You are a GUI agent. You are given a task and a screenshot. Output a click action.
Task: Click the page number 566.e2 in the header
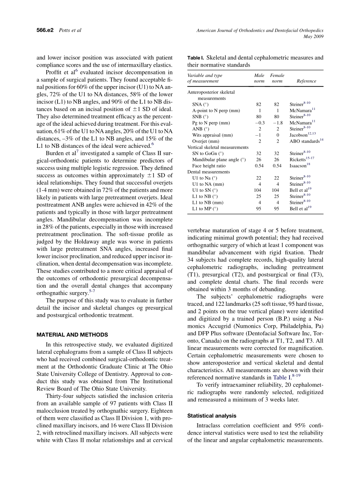coord(45,30)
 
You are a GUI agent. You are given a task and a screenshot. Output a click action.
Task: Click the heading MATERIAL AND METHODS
coord(72,335)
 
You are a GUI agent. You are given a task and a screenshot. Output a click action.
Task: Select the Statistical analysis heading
coord(212,416)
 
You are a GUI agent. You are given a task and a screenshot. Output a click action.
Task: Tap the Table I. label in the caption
coord(196,58)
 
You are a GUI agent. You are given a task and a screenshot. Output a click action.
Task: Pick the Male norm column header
coord(259,78)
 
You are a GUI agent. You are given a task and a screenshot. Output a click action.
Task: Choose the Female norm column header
coord(277,78)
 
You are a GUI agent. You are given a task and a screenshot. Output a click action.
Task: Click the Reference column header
coord(306,81)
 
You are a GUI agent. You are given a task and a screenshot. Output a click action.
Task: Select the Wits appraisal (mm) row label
coord(212,135)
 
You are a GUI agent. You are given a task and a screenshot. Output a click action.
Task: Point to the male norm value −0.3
coord(260,123)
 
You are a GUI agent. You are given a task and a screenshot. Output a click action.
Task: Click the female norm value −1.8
coord(277,123)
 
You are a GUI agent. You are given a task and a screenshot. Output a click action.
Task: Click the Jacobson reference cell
coord(302,135)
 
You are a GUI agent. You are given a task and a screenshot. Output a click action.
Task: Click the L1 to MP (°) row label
coord(205,208)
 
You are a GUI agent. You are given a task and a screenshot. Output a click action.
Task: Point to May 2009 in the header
coord(313,36)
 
